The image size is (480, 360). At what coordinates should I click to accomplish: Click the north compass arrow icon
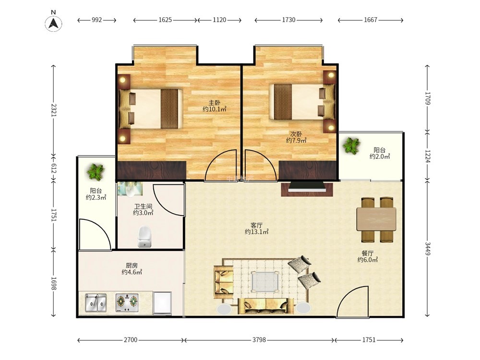coord(54,23)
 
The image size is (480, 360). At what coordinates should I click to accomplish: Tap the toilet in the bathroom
coord(144,237)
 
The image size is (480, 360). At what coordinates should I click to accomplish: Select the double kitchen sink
coord(96,303)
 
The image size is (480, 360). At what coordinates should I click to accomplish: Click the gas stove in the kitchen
coord(127,303)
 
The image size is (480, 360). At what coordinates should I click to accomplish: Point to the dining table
coord(376,219)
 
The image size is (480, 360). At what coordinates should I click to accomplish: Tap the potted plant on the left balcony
coord(96,171)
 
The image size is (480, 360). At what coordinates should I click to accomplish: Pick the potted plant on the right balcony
coord(351,146)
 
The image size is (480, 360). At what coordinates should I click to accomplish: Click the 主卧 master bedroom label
coord(214,103)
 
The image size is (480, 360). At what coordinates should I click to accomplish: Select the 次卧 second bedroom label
coord(296,134)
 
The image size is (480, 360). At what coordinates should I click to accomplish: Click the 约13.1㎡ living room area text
coord(257,232)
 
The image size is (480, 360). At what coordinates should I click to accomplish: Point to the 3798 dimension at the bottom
coord(259,340)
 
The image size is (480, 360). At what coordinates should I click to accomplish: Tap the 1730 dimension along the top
coord(288,20)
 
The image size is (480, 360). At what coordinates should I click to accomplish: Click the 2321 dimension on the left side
coord(54,110)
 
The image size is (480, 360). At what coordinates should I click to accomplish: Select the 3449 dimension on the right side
coord(428,248)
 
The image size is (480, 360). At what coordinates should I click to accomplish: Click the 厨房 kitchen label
coord(132,265)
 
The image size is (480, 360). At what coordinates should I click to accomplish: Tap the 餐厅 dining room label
coord(367,253)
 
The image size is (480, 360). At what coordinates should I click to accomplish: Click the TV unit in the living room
coord(307,189)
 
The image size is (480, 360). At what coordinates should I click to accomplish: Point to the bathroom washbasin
coord(131,189)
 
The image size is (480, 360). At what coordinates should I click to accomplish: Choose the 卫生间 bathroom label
coord(143,206)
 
